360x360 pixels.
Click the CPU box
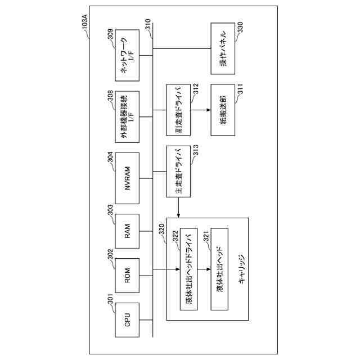[128, 321]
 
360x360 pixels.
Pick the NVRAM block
[128, 178]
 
